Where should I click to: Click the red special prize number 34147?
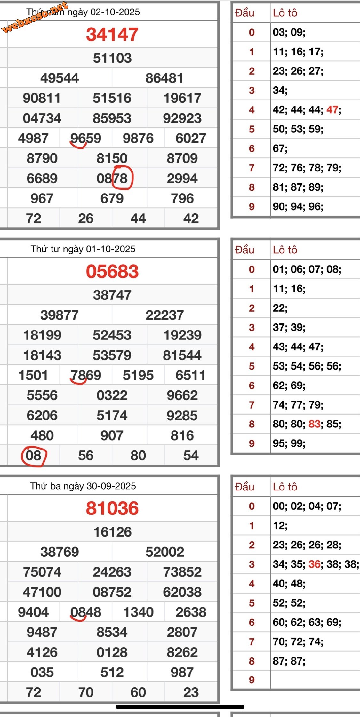tap(112, 34)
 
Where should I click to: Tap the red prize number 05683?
tap(112, 271)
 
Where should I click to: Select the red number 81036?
tap(112, 508)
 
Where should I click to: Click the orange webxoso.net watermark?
tap(35, 17)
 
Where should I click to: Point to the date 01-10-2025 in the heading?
tap(111, 249)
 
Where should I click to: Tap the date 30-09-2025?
tap(111, 486)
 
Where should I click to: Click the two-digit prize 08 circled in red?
tap(34, 456)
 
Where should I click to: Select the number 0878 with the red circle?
tap(112, 179)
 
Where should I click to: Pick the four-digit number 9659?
tap(86, 138)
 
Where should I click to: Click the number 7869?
tap(86, 375)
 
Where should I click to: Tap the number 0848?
tap(86, 612)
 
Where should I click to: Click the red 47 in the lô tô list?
tap(332, 110)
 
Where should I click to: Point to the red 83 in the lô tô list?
tap(314, 424)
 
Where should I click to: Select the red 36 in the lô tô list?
tap(314, 564)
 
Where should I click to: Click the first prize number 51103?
tap(112, 58)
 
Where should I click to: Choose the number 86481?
tap(164, 78)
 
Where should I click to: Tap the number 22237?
tap(164, 315)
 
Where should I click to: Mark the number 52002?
tap(164, 552)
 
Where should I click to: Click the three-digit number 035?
tap(42, 672)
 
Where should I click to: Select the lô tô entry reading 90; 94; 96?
tap(298, 207)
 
